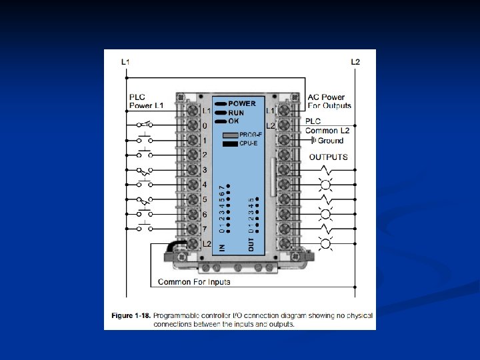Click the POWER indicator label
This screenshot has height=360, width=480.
coord(242,104)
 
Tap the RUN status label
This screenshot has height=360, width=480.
coord(236,113)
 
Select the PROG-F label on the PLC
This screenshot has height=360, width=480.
coord(251,135)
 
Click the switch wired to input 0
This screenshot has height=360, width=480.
coord(144,125)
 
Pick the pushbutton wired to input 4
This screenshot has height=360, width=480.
coord(144,183)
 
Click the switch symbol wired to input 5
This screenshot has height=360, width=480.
coord(144,199)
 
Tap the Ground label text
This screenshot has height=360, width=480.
coord(331,141)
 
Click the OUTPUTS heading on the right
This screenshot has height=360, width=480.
coord(328,157)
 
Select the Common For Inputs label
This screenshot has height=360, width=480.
coord(194,282)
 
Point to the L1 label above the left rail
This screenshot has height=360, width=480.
coord(125,62)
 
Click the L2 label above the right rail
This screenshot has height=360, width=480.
coord(355,62)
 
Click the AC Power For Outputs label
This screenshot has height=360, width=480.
coord(329,101)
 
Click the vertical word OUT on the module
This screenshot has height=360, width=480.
coord(251,245)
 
